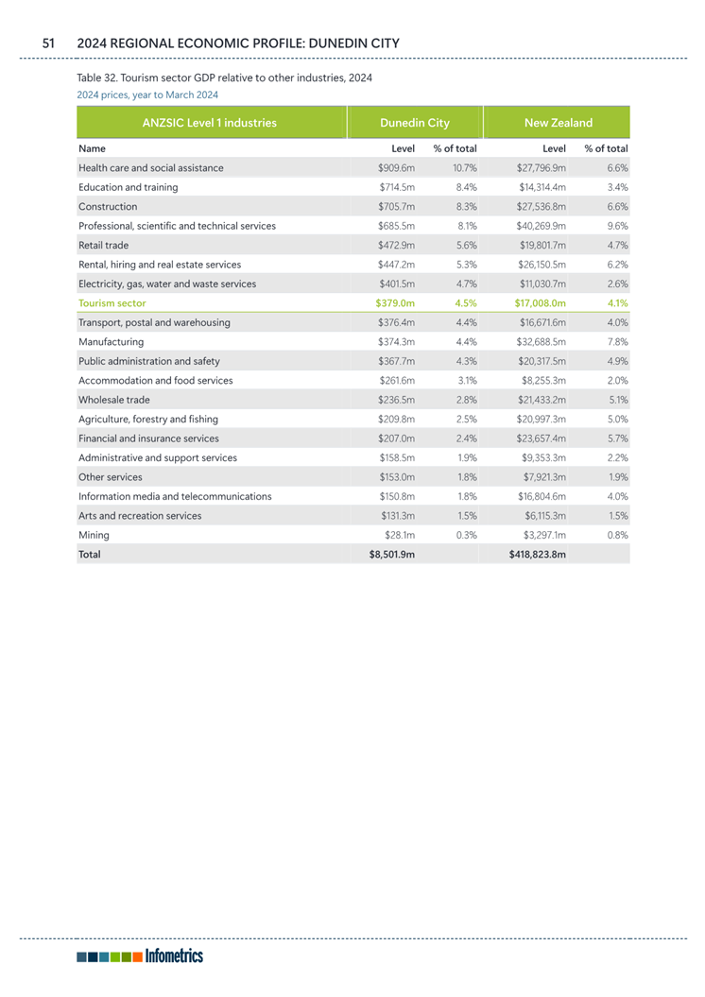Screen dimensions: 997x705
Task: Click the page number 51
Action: (49, 43)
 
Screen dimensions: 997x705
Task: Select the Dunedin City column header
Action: (414, 123)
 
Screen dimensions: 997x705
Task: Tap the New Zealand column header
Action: (558, 123)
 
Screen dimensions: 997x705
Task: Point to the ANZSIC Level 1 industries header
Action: (209, 123)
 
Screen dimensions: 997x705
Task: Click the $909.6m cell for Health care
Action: (397, 168)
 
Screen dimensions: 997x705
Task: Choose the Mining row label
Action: (95, 535)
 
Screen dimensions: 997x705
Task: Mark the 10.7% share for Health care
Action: (464, 168)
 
